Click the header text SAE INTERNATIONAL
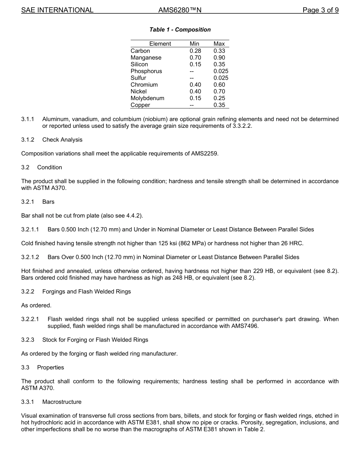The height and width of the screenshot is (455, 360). (57, 10)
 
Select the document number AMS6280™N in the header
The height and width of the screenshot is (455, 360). (180, 10)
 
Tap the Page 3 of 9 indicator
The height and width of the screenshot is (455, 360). (320, 10)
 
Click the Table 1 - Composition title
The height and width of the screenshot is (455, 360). (180, 30)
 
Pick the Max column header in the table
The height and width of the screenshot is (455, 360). (219, 44)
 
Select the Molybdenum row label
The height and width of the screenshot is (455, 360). (147, 98)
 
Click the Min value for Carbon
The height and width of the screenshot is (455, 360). (195, 51)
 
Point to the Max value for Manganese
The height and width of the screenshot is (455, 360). (219, 58)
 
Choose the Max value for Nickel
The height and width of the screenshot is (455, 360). (219, 91)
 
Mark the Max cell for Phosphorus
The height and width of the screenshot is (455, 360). (221, 71)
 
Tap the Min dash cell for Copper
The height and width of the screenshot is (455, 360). (192, 105)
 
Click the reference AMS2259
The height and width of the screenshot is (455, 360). (204, 154)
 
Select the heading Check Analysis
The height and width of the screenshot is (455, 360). (62, 140)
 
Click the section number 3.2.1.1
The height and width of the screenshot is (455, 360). (30, 229)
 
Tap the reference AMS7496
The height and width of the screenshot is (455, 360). (244, 326)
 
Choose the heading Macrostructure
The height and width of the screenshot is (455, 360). (62, 402)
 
